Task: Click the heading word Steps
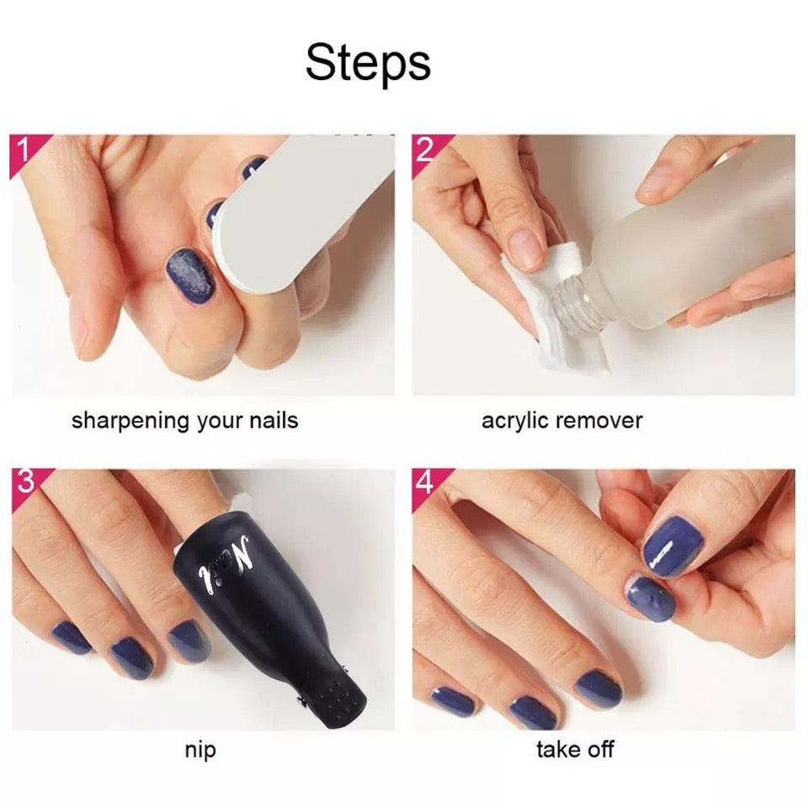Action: (x=368, y=63)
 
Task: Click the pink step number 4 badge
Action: (x=427, y=483)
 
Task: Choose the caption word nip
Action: (x=200, y=750)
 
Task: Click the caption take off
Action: (x=575, y=749)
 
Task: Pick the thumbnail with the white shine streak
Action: (x=674, y=551)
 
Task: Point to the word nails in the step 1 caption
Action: (x=274, y=421)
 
